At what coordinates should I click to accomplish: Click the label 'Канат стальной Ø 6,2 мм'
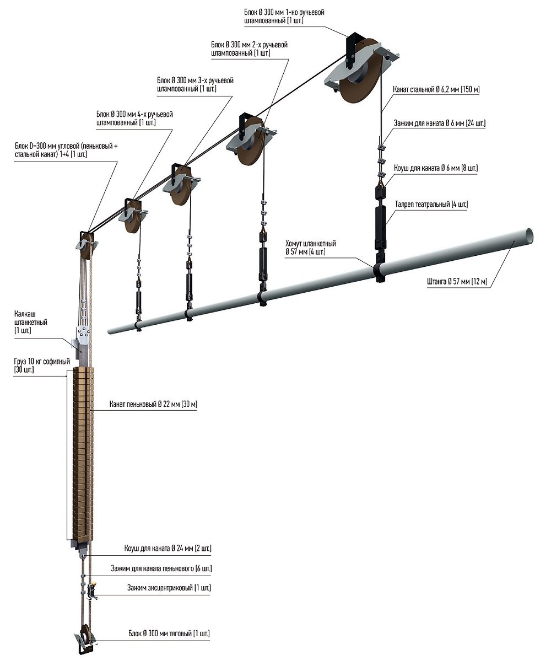click(x=436, y=89)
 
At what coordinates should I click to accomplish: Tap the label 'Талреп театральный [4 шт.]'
click(x=431, y=205)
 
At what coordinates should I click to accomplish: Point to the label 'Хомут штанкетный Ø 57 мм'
click(x=311, y=248)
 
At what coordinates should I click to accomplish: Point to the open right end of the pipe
click(x=529, y=234)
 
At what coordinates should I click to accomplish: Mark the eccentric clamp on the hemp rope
click(x=91, y=590)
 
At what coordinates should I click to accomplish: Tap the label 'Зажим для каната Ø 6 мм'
click(x=439, y=123)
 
